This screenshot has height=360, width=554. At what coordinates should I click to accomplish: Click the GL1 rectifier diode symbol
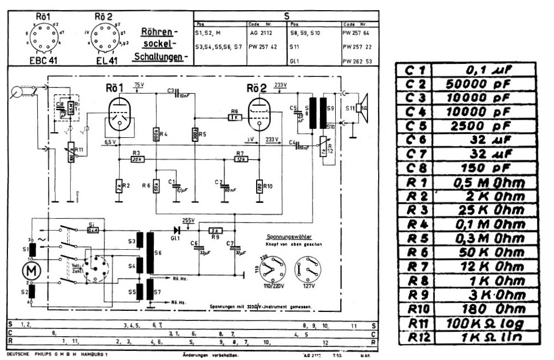(x=177, y=230)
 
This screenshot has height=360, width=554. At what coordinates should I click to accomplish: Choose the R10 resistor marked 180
(x=259, y=186)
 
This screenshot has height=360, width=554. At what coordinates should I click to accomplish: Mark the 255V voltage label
(x=188, y=220)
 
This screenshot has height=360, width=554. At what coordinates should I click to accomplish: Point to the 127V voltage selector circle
(x=309, y=267)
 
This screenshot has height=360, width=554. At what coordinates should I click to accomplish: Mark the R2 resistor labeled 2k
(x=119, y=185)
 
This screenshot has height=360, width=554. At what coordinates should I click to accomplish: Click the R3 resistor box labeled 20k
(x=136, y=159)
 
